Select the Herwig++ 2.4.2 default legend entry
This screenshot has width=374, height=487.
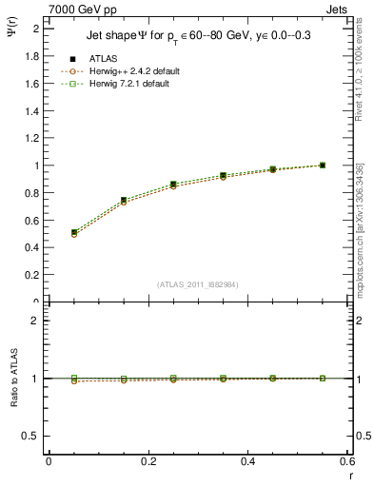coord(134,71)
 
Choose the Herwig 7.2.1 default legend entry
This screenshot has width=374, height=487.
coord(132,84)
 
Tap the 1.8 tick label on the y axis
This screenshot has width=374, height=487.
coord(31,56)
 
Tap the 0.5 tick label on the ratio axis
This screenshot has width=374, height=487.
coord(31,436)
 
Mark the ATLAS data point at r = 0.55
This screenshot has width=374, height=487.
coord(323,166)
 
